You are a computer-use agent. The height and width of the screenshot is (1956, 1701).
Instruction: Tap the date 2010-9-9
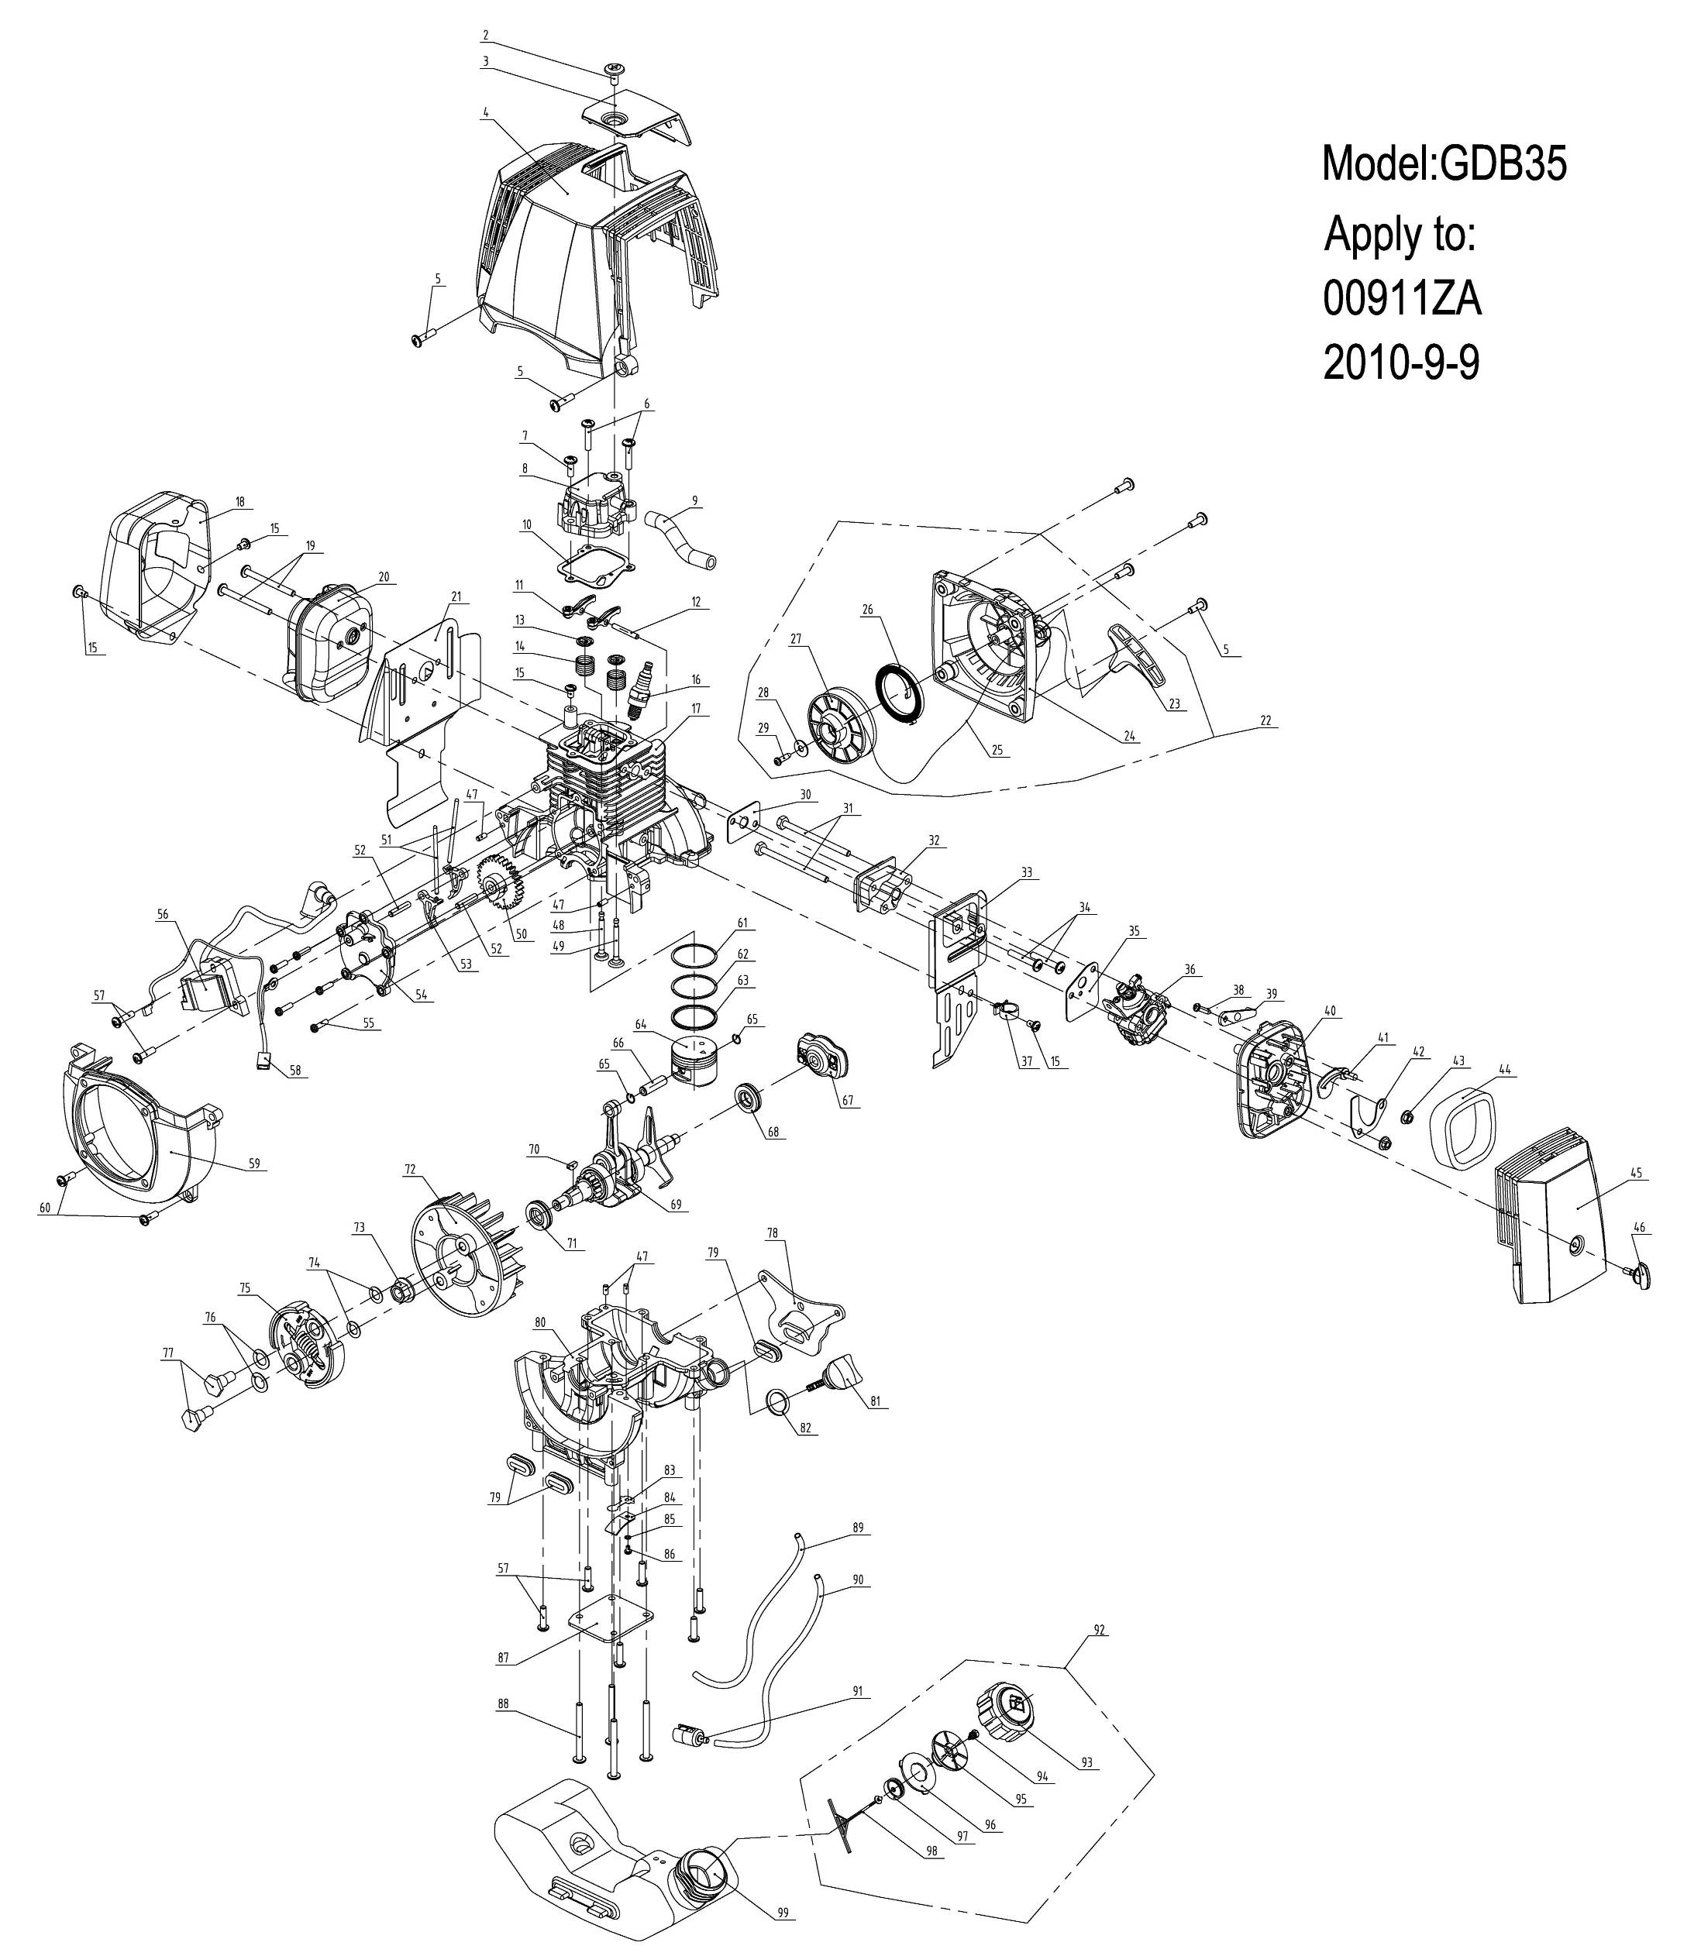click(1401, 363)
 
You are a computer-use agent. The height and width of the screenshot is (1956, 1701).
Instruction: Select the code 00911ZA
click(1402, 301)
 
